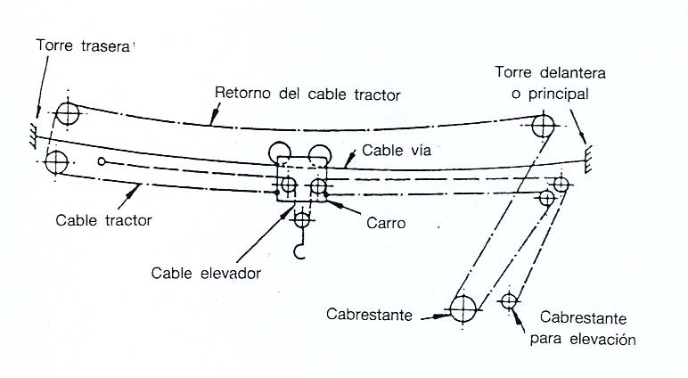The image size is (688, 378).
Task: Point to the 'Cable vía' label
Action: pos(397,152)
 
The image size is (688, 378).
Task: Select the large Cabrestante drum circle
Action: pos(463,309)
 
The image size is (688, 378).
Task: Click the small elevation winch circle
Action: pos(509,301)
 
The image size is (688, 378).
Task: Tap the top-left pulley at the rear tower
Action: pos(67,113)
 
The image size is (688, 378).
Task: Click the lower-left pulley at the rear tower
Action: pos(57,163)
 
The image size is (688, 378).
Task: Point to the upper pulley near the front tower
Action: pos(541,124)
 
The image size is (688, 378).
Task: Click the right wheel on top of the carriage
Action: pos(316,152)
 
